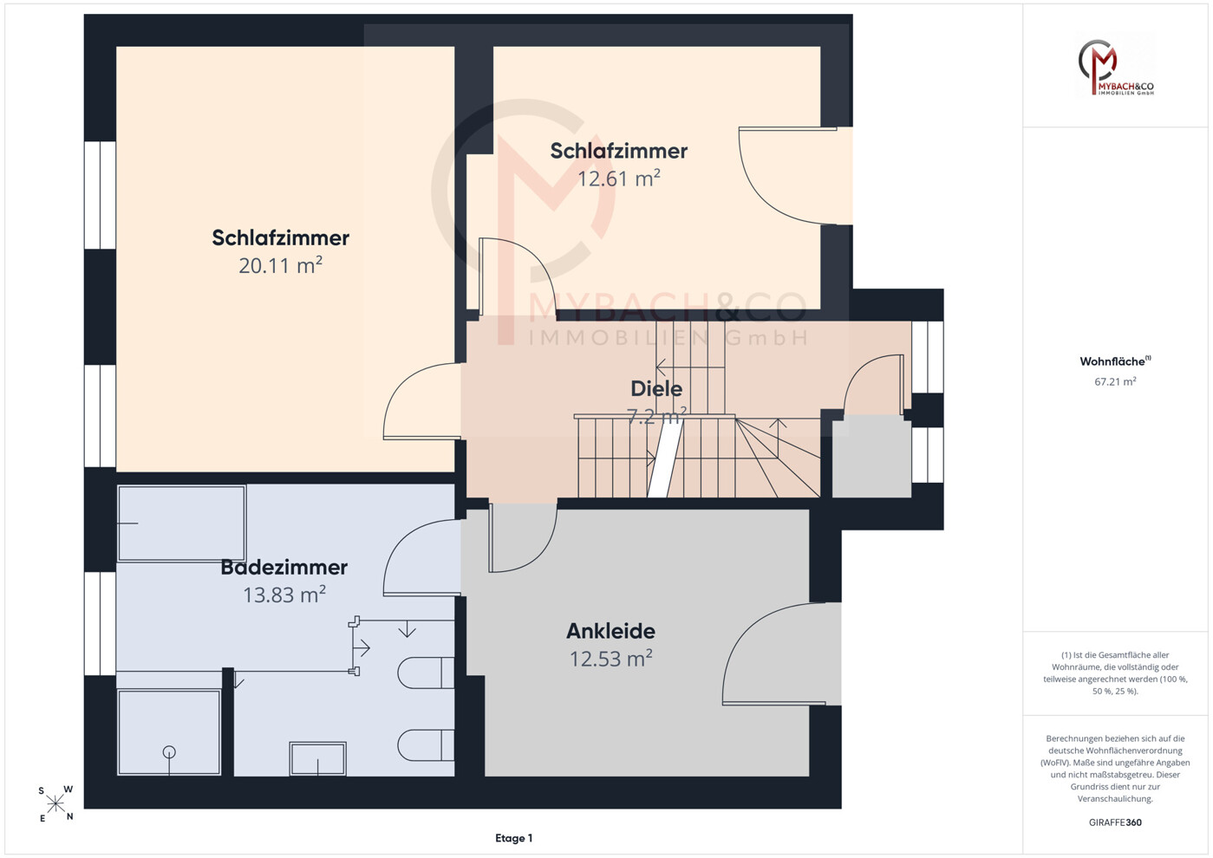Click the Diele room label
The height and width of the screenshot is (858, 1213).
coord(656,388)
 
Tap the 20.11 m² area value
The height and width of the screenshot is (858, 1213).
coord(281,265)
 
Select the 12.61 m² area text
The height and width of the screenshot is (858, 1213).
coord(619,178)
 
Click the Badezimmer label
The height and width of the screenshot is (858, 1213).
coord(284,568)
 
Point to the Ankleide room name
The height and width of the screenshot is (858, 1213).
coord(610,631)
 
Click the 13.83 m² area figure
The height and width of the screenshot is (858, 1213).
coord(284,595)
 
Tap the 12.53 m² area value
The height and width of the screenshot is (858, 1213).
coord(610,659)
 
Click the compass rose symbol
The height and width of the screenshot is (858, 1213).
coord(55,804)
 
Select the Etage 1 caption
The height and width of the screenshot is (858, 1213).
coord(514,838)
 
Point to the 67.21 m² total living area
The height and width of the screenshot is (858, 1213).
coord(1115,381)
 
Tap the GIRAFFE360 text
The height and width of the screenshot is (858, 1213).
coord(1115,822)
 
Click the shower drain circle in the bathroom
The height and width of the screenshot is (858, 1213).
coord(169,752)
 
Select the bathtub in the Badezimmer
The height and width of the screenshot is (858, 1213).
coord(182,523)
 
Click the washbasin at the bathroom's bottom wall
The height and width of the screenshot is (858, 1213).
coord(318,758)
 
